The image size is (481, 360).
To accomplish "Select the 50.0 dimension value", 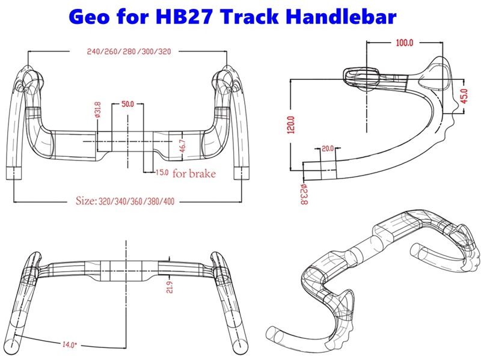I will point(128,104).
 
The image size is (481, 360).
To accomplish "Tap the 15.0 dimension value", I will point(161,173).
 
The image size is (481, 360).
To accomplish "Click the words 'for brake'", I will point(194,174).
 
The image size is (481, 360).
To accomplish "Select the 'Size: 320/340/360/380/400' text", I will point(125,201).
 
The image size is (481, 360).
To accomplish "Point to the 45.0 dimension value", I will point(464,97).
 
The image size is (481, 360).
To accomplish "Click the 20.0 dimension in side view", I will point(328,148).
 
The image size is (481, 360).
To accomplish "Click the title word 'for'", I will point(139,16).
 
